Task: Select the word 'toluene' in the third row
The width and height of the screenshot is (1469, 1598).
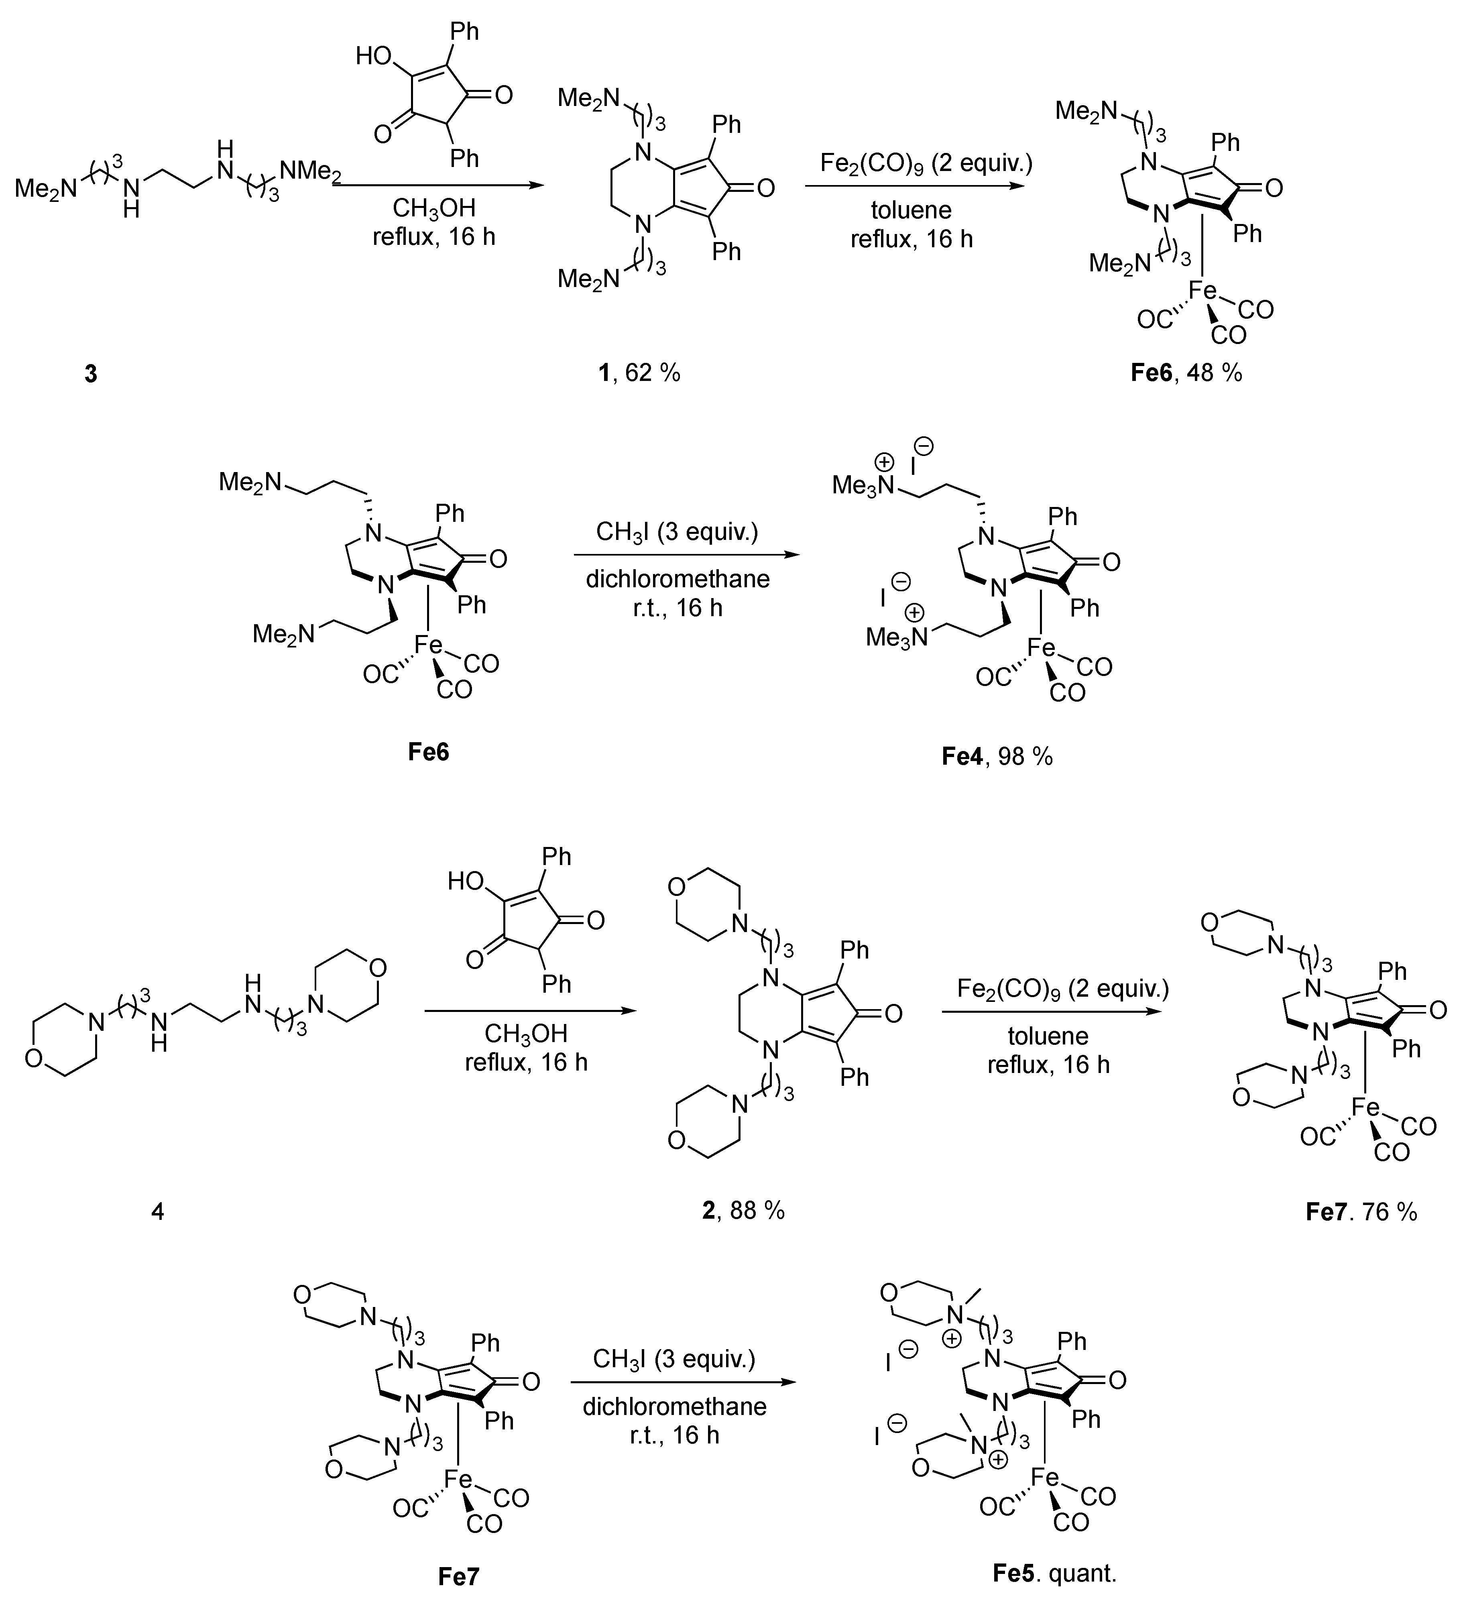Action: pos(1048,1036)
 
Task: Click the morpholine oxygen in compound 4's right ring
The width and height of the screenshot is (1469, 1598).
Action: pos(379,967)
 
